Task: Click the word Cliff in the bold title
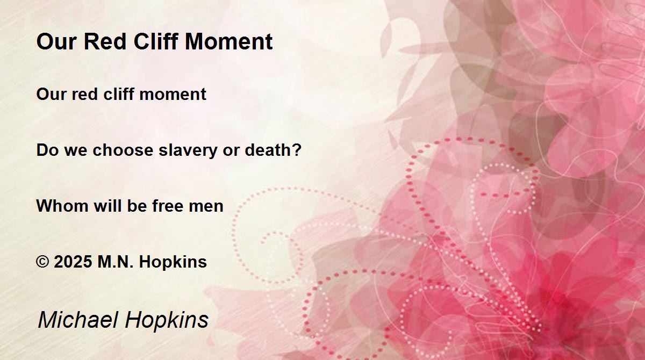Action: (156, 41)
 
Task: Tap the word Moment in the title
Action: (228, 41)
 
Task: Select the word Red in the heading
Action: (105, 41)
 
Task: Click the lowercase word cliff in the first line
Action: (119, 94)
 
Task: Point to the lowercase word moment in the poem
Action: (173, 95)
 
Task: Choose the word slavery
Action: (188, 150)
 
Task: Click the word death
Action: (268, 150)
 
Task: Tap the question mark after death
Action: (297, 149)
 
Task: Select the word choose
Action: (123, 150)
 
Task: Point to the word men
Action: (206, 207)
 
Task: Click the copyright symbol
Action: (42, 262)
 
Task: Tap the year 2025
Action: (73, 262)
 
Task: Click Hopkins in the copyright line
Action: (173, 262)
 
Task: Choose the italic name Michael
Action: (78, 319)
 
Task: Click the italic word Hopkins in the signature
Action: (167, 320)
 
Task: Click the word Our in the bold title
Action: (56, 41)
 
